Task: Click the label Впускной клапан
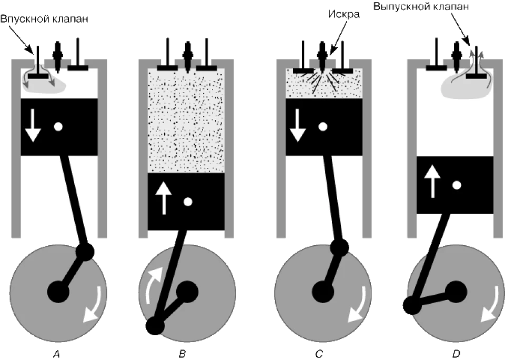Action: point(44,19)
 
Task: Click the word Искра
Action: point(344,14)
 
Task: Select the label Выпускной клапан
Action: point(421,6)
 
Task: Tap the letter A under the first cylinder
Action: point(56,354)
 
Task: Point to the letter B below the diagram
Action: point(183,354)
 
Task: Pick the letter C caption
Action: point(319,354)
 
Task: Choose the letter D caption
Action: point(456,354)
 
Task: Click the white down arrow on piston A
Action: point(33,125)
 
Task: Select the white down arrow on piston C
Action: point(298,125)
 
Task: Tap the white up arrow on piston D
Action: point(432,181)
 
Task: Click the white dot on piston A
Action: point(58,126)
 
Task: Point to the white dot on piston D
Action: point(457,185)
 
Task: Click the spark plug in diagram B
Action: point(187,55)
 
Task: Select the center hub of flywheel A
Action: point(58,292)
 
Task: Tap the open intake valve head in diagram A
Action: point(38,76)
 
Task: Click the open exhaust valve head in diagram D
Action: point(477,76)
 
